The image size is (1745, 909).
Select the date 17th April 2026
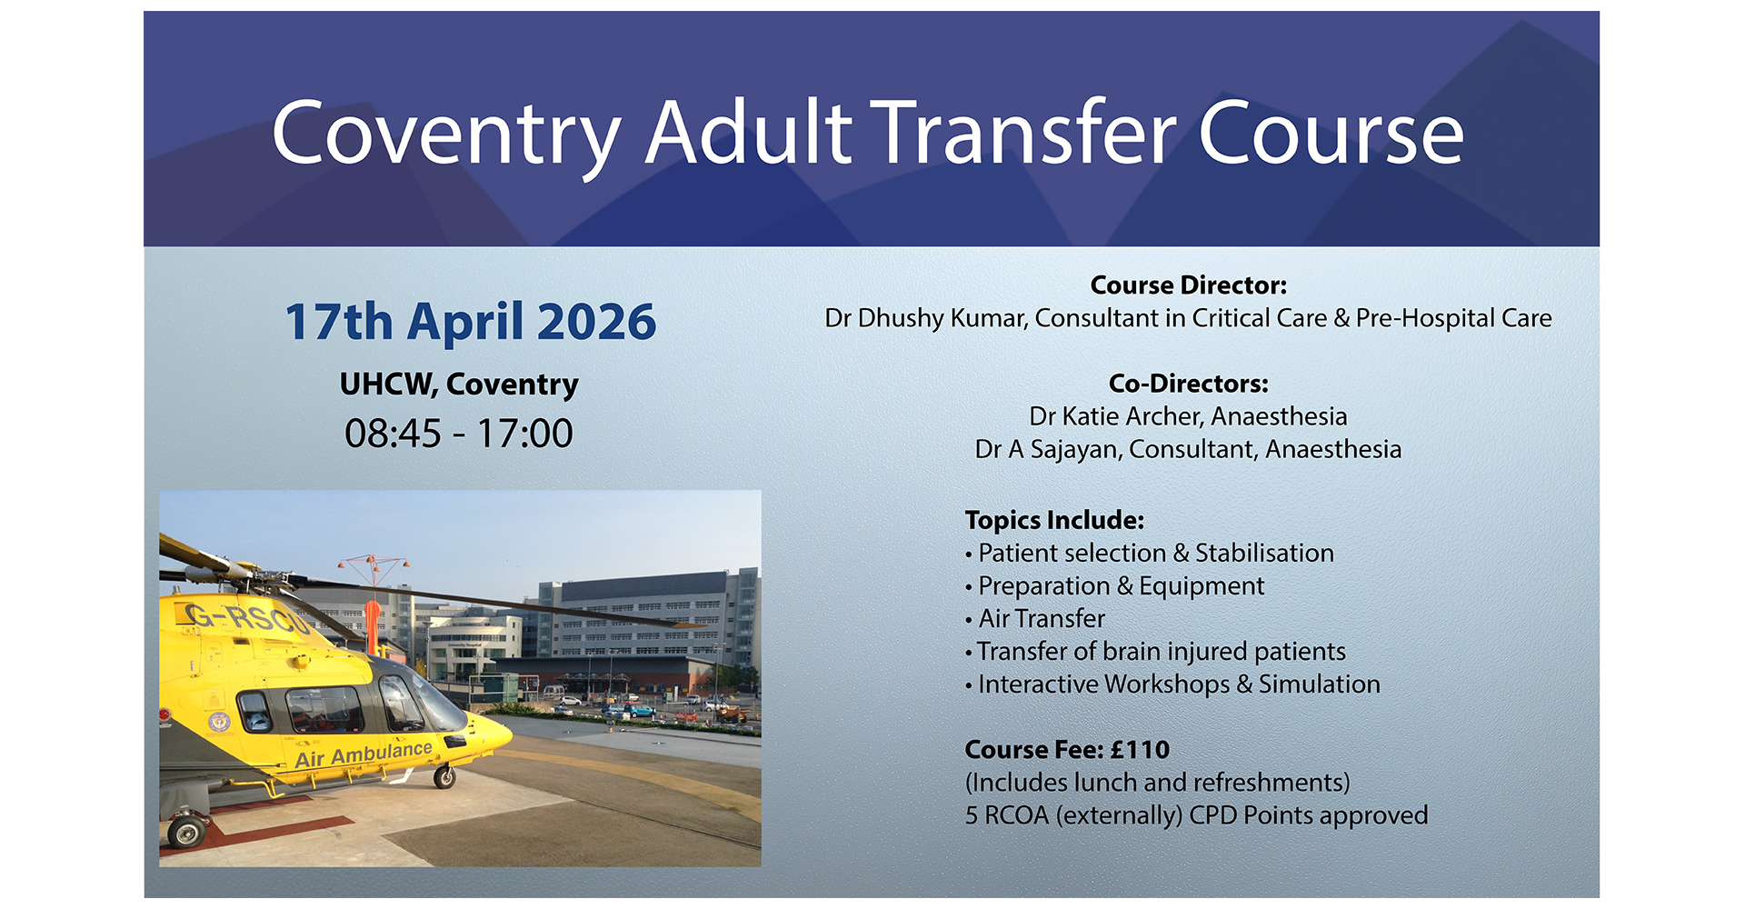click(470, 322)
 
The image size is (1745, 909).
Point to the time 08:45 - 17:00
click(459, 434)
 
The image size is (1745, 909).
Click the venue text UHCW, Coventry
click(459, 385)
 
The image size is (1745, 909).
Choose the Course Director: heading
click(1189, 285)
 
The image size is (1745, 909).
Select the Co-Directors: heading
click(1189, 384)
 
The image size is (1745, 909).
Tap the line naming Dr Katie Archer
click(1189, 416)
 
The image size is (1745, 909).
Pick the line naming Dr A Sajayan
click(1189, 450)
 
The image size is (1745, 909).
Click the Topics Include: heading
click(1054, 520)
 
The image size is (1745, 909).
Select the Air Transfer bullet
click(1035, 619)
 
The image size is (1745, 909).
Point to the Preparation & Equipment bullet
click(1115, 586)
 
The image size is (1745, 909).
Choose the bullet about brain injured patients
click(1155, 652)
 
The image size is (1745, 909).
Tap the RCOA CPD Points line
click(1197, 815)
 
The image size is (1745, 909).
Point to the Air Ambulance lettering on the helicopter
click(364, 754)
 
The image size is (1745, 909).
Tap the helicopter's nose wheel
click(444, 777)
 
